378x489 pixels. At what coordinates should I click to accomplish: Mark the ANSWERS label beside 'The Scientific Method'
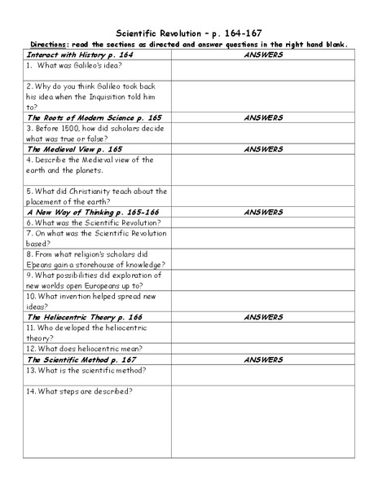click(262, 359)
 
